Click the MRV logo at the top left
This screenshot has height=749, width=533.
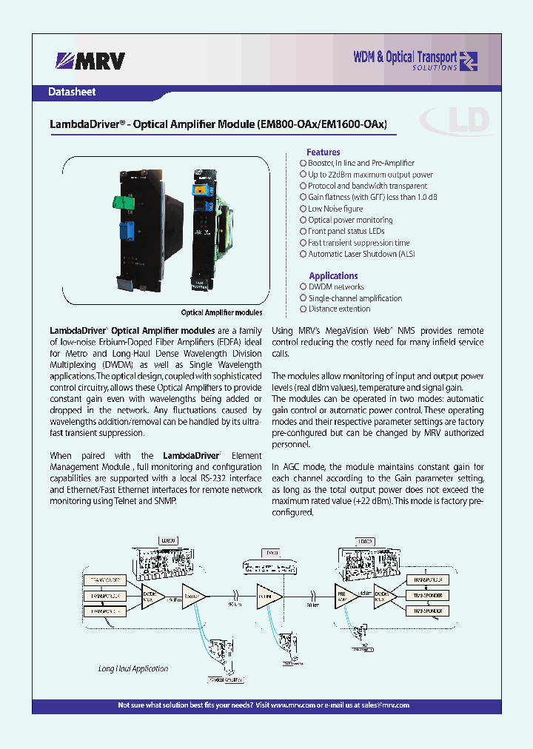[90, 61]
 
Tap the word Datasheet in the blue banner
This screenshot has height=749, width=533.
[72, 93]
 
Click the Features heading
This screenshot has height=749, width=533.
[324, 152]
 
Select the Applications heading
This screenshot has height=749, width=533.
[333, 275]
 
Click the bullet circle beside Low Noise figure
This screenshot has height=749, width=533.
[303, 209]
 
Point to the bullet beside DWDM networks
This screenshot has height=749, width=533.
[303, 286]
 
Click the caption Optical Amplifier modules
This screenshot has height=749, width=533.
[221, 312]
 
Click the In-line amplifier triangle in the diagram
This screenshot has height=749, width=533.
[267, 594]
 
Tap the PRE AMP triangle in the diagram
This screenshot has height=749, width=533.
[343, 594]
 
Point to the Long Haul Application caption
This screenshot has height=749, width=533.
[133, 668]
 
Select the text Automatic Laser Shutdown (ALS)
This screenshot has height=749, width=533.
[352, 254]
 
